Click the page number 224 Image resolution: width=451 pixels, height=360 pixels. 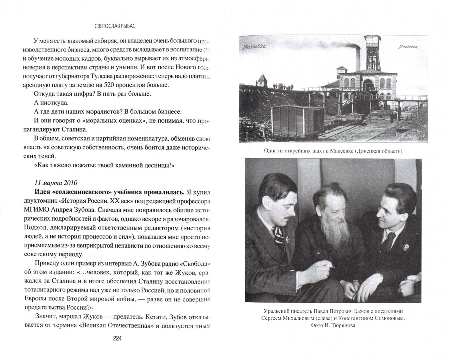[x=118, y=339]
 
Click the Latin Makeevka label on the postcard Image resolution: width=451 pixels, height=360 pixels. [x=408, y=47]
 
